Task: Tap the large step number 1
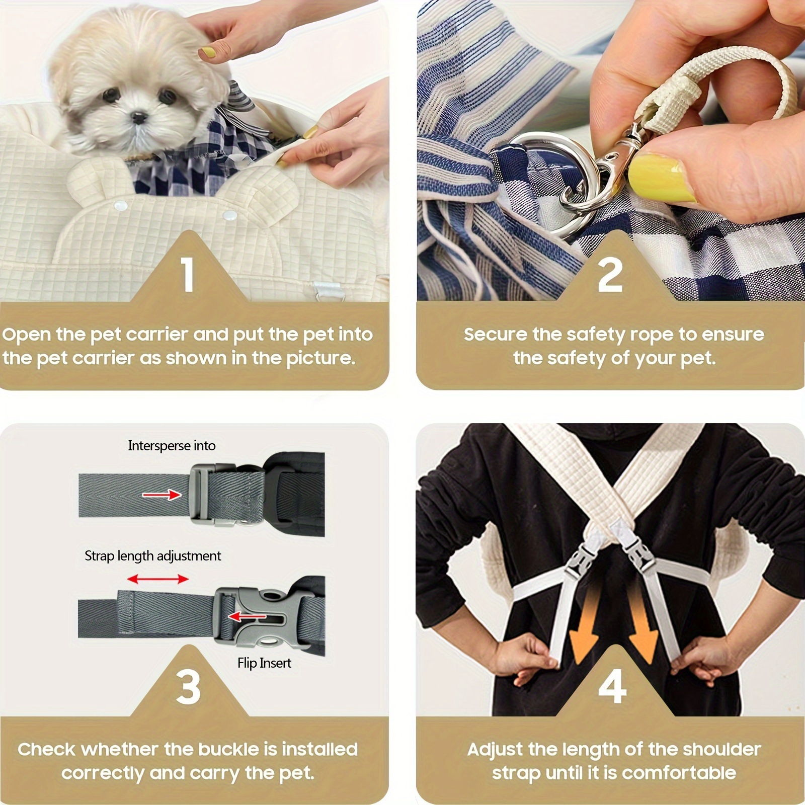point(188,275)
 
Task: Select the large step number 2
point(610,275)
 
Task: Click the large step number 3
point(188,687)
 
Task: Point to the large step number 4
point(612,687)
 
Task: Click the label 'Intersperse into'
point(172,446)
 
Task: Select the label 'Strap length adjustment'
point(152,556)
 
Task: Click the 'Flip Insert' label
point(264,663)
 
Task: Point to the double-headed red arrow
point(157,580)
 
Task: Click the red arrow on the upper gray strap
point(162,495)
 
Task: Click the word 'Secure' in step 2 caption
point(495,335)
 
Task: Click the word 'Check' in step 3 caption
point(46,750)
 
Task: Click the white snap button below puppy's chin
point(121,206)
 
